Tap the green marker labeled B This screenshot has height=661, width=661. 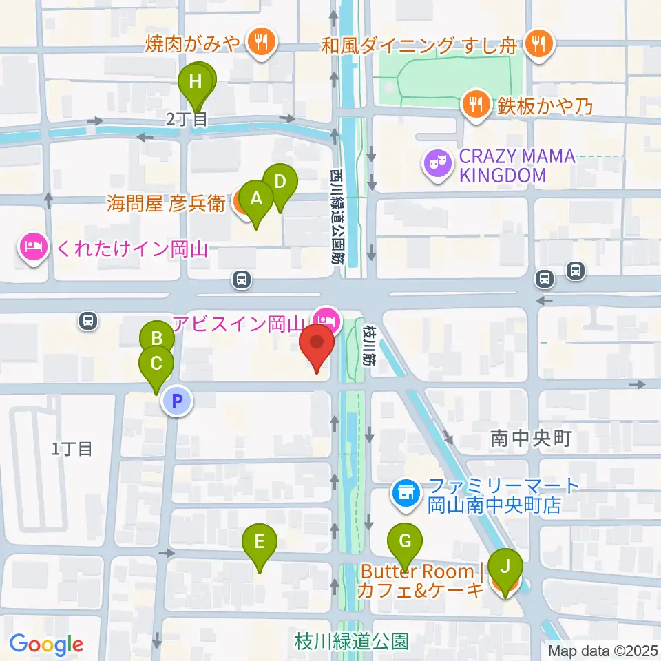(x=157, y=338)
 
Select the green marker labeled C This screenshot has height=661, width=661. (x=156, y=362)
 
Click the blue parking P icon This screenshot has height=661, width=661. (x=177, y=401)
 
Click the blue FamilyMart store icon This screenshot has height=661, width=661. (x=405, y=493)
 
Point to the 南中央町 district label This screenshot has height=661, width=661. (x=531, y=439)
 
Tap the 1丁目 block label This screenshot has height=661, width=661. (x=72, y=449)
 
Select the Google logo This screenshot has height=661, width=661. (x=46, y=644)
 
